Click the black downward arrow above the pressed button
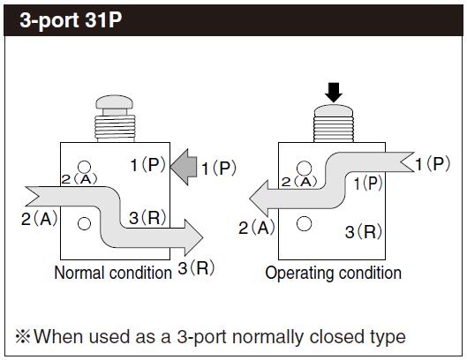click(334, 93)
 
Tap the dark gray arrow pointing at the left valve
click(184, 167)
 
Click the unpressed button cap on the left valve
click(115, 102)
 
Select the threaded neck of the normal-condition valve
click(115, 128)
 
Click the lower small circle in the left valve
click(84, 223)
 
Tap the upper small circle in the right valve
click(304, 169)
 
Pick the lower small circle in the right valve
click(304, 223)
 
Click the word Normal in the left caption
click(79, 273)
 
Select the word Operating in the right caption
click(299, 274)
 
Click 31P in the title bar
click(103, 20)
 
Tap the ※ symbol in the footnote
click(23, 336)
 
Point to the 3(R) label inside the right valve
click(364, 232)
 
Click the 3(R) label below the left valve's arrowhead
click(196, 267)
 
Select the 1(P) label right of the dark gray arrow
click(219, 168)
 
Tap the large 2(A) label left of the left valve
click(40, 219)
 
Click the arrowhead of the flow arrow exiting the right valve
click(259, 199)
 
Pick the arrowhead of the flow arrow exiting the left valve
click(194, 237)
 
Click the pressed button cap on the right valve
click(334, 110)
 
